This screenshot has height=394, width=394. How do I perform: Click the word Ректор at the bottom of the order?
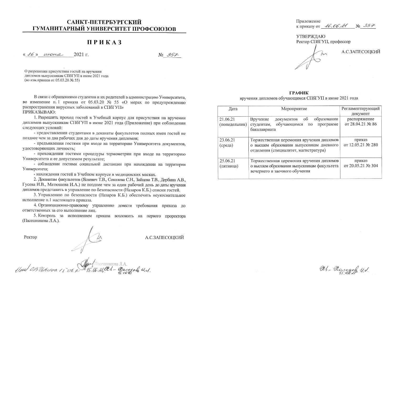[x=30, y=237]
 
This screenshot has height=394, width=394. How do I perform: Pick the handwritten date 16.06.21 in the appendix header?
[x=336, y=26]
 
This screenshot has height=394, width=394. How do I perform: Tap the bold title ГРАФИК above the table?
[x=299, y=93]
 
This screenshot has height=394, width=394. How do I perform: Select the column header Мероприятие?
[x=294, y=108]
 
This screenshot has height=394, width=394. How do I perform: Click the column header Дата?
[x=233, y=108]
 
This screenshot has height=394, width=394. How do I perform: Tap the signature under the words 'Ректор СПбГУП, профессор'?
[x=311, y=59]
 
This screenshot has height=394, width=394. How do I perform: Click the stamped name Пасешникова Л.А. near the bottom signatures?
[x=111, y=263]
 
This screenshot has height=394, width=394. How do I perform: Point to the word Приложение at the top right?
[x=308, y=21]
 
